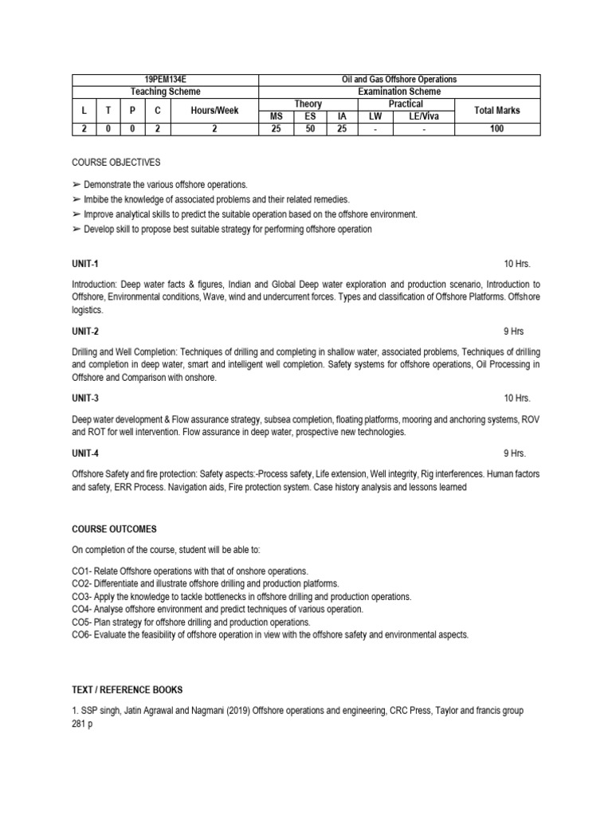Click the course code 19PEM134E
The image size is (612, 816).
pyautogui.click(x=166, y=80)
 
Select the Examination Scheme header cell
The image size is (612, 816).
pyautogui.click(x=400, y=92)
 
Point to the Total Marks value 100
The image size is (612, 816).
pyautogui.click(x=496, y=127)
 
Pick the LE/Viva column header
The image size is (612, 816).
pyautogui.click(x=424, y=116)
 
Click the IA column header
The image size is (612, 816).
pyautogui.click(x=342, y=116)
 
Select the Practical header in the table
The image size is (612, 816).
pyautogui.click(x=406, y=104)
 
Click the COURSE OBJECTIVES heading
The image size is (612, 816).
pyautogui.click(x=116, y=162)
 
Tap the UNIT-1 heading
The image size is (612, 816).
pyautogui.click(x=85, y=264)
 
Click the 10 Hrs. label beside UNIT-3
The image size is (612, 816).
pyautogui.click(x=516, y=398)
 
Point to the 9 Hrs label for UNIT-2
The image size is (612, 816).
pyautogui.click(x=514, y=331)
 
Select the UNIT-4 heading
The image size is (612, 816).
pyautogui.click(x=85, y=453)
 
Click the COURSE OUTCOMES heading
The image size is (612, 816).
pyautogui.click(x=114, y=528)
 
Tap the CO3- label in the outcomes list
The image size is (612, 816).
pyautogui.click(x=82, y=596)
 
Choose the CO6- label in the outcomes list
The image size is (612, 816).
pyautogui.click(x=82, y=634)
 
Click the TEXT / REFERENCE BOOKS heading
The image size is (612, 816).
pyautogui.click(x=131, y=689)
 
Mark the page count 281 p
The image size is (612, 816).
pyautogui.click(x=83, y=723)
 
